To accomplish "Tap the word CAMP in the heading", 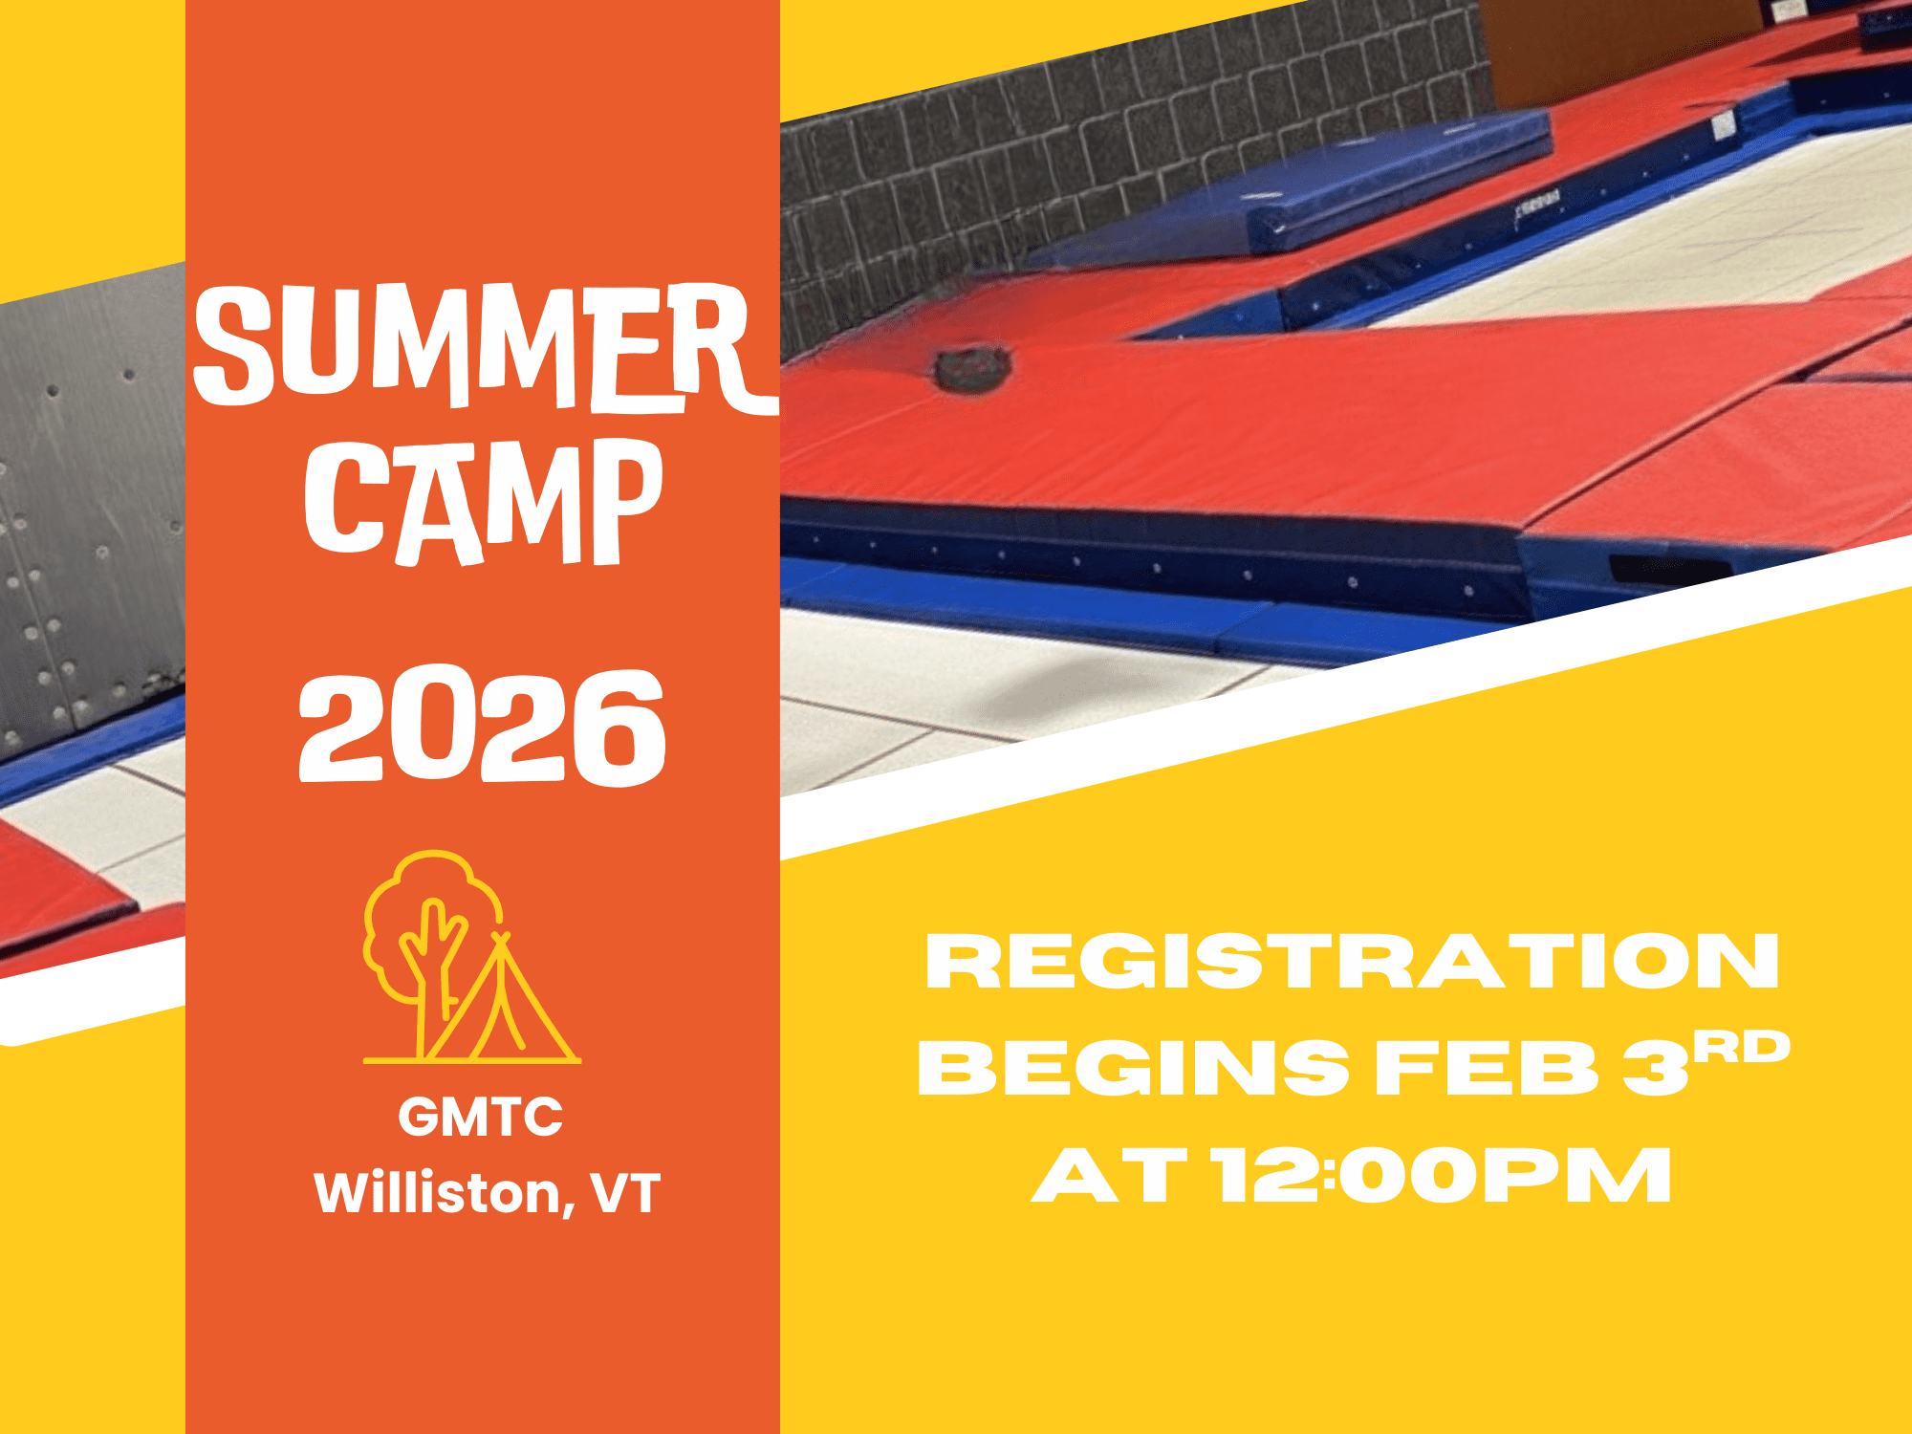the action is (484, 502).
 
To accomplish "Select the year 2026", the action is (482, 727).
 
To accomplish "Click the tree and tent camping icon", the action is (471, 957).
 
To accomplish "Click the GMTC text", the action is (481, 1117).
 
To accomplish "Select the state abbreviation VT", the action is (625, 1193).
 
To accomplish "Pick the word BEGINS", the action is (1133, 1068).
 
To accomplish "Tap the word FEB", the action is (1486, 1068).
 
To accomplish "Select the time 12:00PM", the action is (1443, 1175).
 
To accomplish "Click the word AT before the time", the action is (1110, 1175).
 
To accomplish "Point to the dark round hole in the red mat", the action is (972, 369).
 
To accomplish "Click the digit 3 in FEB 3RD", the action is (1656, 1068).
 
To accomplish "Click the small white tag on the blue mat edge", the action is (1723, 125).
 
